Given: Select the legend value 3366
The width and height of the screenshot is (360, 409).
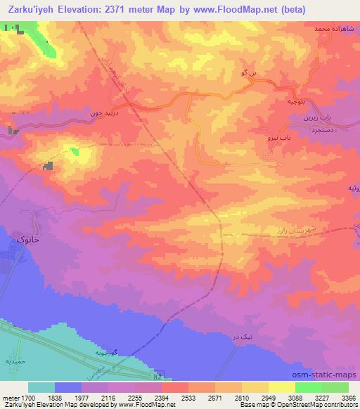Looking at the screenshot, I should point(348,397).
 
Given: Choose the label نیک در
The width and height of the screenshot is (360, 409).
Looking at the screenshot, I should point(239,338).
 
